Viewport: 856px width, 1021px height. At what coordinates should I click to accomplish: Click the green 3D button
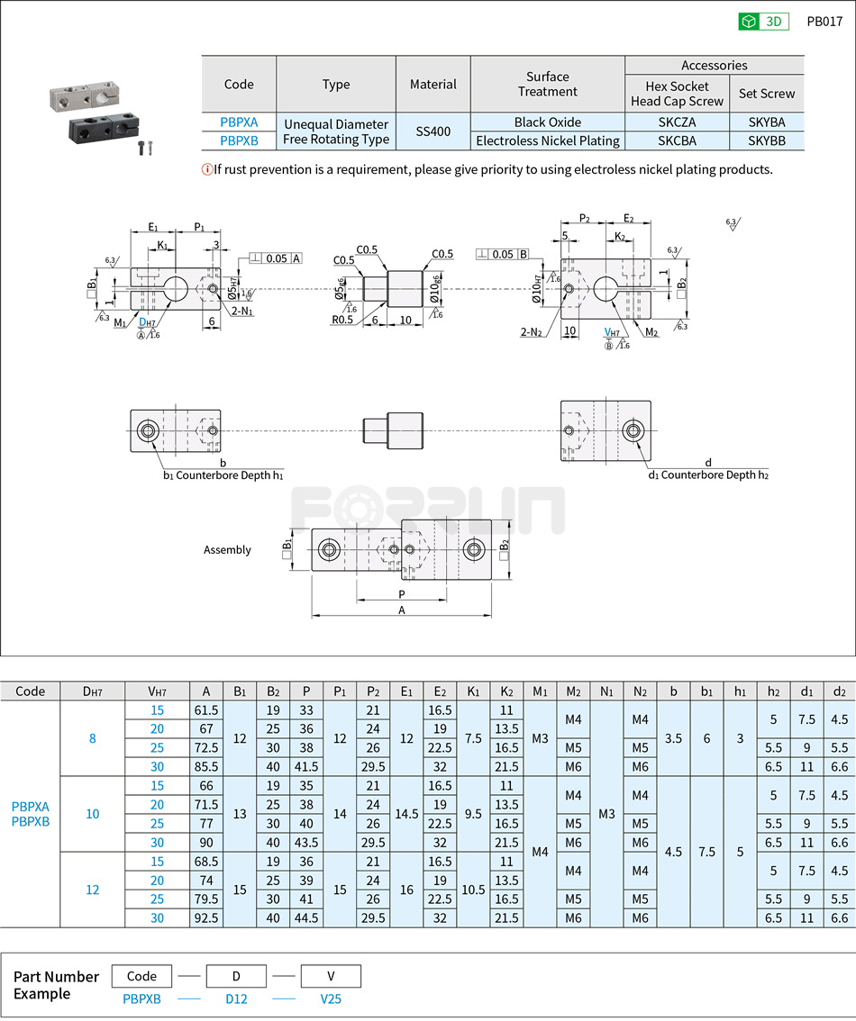coord(763,22)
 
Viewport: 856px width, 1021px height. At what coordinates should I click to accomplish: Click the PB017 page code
coord(824,22)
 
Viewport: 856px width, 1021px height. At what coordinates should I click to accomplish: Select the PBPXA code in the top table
coord(239,122)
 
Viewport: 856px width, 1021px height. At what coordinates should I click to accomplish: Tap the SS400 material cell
coord(433,131)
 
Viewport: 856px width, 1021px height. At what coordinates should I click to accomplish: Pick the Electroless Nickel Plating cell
coord(548,140)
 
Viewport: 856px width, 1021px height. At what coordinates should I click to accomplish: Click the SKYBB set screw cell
coord(767,140)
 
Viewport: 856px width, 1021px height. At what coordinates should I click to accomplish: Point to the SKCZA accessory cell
coord(677,122)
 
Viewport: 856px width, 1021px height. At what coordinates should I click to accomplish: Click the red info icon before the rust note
coord(207,169)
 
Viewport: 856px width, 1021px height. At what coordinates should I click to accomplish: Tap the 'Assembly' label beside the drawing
coord(227,550)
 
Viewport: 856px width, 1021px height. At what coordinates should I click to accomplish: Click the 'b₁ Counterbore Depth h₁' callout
coord(223,475)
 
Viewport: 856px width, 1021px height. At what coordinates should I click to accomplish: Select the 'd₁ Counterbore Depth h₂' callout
coord(708,475)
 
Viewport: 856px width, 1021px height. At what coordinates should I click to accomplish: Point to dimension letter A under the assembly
coord(402,610)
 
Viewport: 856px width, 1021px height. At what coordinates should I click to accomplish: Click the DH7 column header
coord(92,691)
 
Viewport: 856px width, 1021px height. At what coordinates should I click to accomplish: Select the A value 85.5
coord(206,766)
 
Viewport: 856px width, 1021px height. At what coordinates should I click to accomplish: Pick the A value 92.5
coord(206,917)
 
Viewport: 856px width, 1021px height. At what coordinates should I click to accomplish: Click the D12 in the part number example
coord(236,998)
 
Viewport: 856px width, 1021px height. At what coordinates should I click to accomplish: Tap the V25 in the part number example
coord(330,998)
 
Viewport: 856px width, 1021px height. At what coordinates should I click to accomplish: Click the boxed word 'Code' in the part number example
coord(141,976)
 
